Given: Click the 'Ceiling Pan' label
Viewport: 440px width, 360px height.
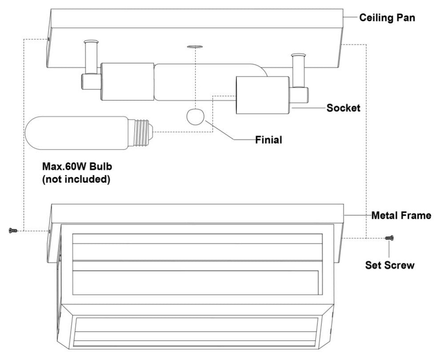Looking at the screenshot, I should pos(388,18).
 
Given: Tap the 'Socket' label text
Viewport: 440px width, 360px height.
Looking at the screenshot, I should pos(343,108).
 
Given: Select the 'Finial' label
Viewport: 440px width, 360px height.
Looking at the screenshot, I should pos(269,140).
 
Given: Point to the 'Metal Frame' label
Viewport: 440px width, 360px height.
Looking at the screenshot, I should pos(401,216).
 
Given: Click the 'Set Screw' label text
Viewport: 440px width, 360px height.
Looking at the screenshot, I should pos(390,265).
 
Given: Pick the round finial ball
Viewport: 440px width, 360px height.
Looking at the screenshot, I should pos(194,117).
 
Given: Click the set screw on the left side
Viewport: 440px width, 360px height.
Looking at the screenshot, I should pos(12,231).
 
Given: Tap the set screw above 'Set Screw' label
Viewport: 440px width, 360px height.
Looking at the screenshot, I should pos(389,238).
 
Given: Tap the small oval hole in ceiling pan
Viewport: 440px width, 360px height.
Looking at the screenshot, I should pos(194,46).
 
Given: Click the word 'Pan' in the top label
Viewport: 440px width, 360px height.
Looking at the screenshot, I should pos(406,18).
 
